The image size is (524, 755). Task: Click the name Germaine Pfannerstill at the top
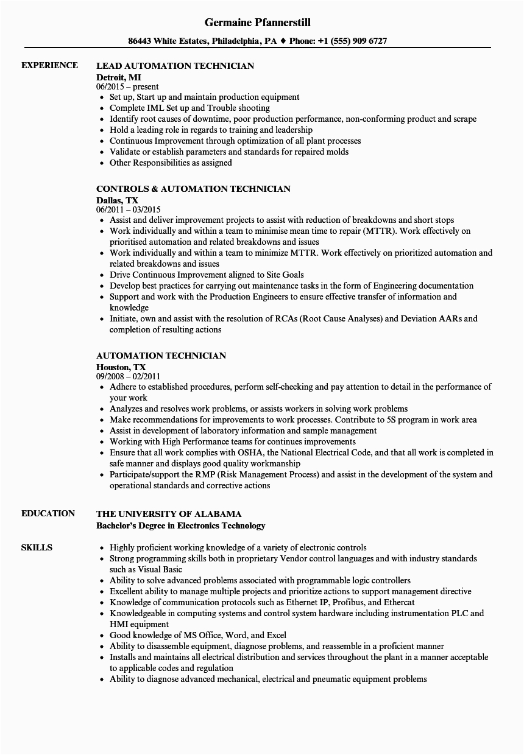(x=258, y=23)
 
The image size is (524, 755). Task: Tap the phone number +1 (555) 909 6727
(x=356, y=41)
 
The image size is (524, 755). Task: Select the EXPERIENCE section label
(x=49, y=65)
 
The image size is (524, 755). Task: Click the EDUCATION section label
(x=48, y=513)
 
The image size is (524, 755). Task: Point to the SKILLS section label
(x=37, y=547)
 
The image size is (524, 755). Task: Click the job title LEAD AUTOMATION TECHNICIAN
(x=175, y=66)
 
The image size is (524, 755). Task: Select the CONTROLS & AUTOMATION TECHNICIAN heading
(x=193, y=189)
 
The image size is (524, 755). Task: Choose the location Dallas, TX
(x=117, y=200)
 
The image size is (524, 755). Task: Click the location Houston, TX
(x=121, y=367)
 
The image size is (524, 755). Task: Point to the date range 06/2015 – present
(x=127, y=87)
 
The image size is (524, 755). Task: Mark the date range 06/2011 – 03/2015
(x=128, y=210)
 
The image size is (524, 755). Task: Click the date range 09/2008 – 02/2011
(x=128, y=377)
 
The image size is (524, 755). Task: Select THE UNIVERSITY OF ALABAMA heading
(x=169, y=514)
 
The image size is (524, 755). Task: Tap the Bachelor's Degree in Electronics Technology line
(x=181, y=525)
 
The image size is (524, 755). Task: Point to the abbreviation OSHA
(x=249, y=453)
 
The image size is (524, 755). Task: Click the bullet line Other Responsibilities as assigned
(x=171, y=163)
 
